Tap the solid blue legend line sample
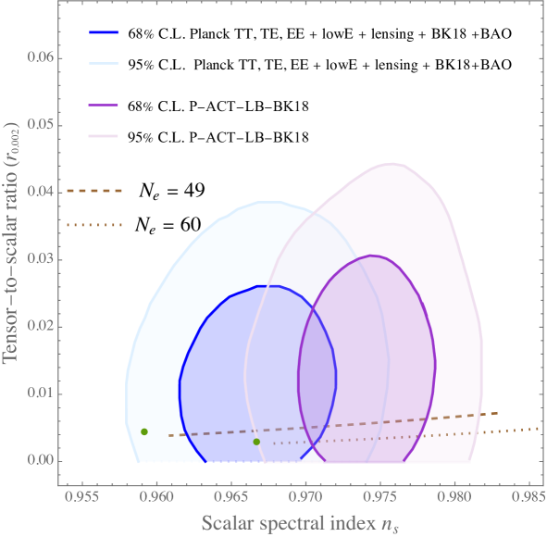point(105,33)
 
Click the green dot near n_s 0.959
point(144,431)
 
